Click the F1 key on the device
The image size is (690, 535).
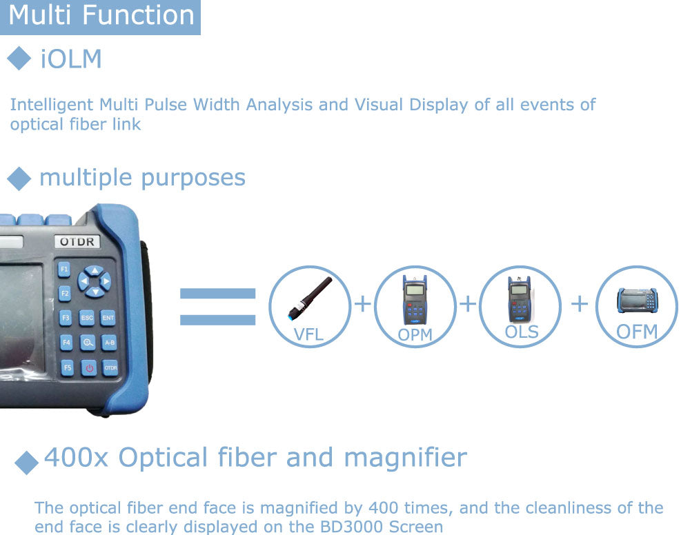[x=64, y=269]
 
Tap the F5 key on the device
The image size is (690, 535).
[x=67, y=367]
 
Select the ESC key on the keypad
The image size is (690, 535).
[x=87, y=317]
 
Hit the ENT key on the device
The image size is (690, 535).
[x=108, y=317]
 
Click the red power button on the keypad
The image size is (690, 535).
[x=89, y=368]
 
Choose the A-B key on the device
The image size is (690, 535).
[x=110, y=343]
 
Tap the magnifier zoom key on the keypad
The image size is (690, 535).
[x=88, y=343]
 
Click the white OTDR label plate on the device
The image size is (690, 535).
[x=77, y=241]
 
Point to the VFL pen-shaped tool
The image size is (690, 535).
[x=309, y=298]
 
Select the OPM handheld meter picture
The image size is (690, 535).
[x=415, y=300]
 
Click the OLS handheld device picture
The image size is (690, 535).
[x=520, y=300]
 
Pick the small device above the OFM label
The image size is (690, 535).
[x=637, y=301]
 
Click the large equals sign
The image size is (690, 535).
[x=218, y=306]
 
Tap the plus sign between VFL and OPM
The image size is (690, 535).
[x=363, y=303]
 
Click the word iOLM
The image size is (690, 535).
[x=71, y=59]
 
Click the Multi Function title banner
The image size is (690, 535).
[x=100, y=17]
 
